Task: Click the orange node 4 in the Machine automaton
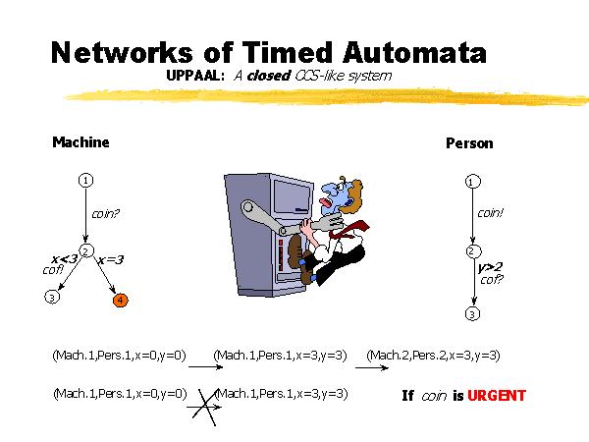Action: pyautogui.click(x=119, y=300)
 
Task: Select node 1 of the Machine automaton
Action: pyautogui.click(x=86, y=180)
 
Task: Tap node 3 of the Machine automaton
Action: pyautogui.click(x=52, y=297)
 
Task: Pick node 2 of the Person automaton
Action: pyautogui.click(x=472, y=251)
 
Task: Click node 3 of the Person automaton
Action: pyautogui.click(x=472, y=314)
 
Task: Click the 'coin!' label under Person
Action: pyautogui.click(x=490, y=212)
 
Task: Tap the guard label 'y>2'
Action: pyautogui.click(x=491, y=266)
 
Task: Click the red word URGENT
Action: pyautogui.click(x=497, y=396)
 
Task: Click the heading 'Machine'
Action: pyautogui.click(x=80, y=142)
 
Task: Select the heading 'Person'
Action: pyautogui.click(x=469, y=143)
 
